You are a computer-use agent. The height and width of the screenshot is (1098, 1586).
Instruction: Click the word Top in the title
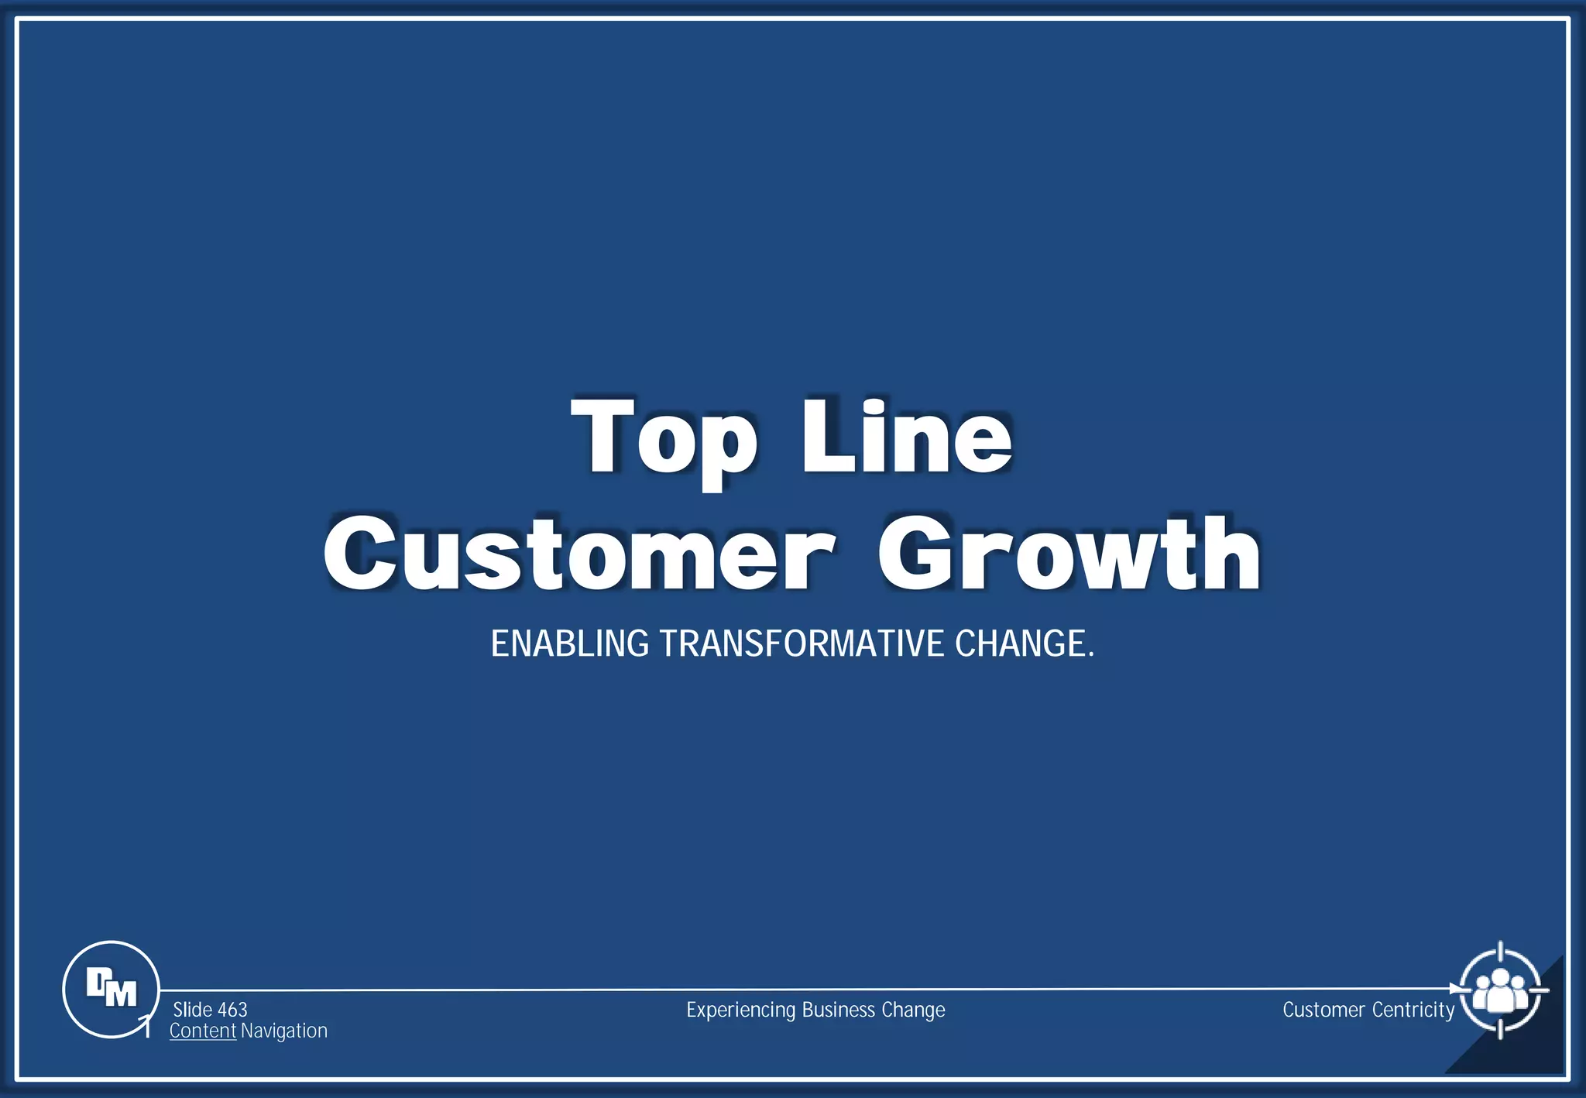pyautogui.click(x=664, y=437)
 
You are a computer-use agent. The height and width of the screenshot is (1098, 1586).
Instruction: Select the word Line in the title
pyautogui.click(x=906, y=437)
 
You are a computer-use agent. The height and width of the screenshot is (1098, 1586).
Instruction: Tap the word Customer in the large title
pyautogui.click(x=579, y=553)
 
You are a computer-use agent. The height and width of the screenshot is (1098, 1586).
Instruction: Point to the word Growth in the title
pyautogui.click(x=1069, y=553)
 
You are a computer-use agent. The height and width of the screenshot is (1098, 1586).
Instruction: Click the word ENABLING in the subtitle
pyautogui.click(x=570, y=644)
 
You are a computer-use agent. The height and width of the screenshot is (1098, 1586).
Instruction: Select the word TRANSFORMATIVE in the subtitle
pyautogui.click(x=802, y=644)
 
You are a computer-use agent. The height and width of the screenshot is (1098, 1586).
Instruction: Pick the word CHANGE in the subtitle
pyautogui.click(x=1020, y=644)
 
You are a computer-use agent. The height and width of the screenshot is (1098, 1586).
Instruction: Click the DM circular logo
pyautogui.click(x=111, y=989)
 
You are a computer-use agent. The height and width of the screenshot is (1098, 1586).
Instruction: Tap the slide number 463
pyautogui.click(x=232, y=1010)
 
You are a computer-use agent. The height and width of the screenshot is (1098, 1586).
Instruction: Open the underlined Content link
pyautogui.click(x=203, y=1031)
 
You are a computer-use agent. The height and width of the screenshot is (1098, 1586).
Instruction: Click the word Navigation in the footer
pyautogui.click(x=284, y=1031)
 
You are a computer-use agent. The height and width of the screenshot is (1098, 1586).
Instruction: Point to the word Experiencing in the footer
pyautogui.click(x=741, y=1011)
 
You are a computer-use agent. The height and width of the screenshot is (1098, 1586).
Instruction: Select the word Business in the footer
pyautogui.click(x=839, y=1010)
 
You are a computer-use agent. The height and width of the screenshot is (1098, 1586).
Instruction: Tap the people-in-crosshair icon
pyautogui.click(x=1500, y=990)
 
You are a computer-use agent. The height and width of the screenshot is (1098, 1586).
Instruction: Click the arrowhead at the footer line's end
pyautogui.click(x=1454, y=989)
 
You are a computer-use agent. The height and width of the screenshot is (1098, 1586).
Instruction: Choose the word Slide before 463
pyautogui.click(x=193, y=1010)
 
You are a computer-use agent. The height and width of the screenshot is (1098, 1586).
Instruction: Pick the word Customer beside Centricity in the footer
pyautogui.click(x=1323, y=1010)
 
